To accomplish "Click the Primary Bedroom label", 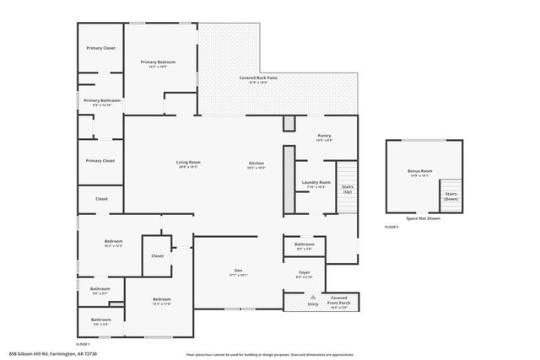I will coord(159,62).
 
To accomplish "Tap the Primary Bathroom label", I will coord(102,100).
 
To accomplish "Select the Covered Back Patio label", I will coord(263,78).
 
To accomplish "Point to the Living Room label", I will coord(188,163).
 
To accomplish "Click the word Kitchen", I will coord(256,163).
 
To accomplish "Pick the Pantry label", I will coord(324,136).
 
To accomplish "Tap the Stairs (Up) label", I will coord(346,189).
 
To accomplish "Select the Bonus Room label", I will coord(419,172).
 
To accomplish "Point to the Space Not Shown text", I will coord(424,218).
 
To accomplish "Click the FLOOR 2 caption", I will coord(391,228).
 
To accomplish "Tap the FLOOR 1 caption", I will coord(83,344).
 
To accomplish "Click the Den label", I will coord(238,271).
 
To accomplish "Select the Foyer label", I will coord(305,272).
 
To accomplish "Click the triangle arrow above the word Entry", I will coord(313,297).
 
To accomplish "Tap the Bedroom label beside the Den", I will coord(162,299).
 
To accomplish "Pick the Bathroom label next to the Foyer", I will coord(305,244).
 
